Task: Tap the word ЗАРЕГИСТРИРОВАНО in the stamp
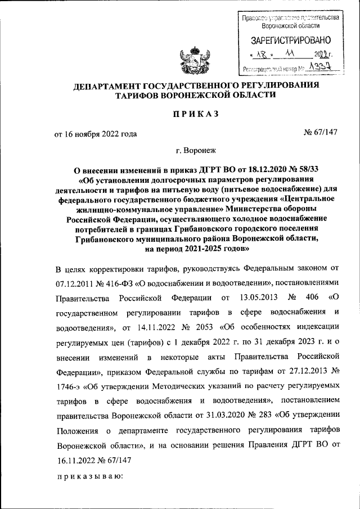pos(290,40)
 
